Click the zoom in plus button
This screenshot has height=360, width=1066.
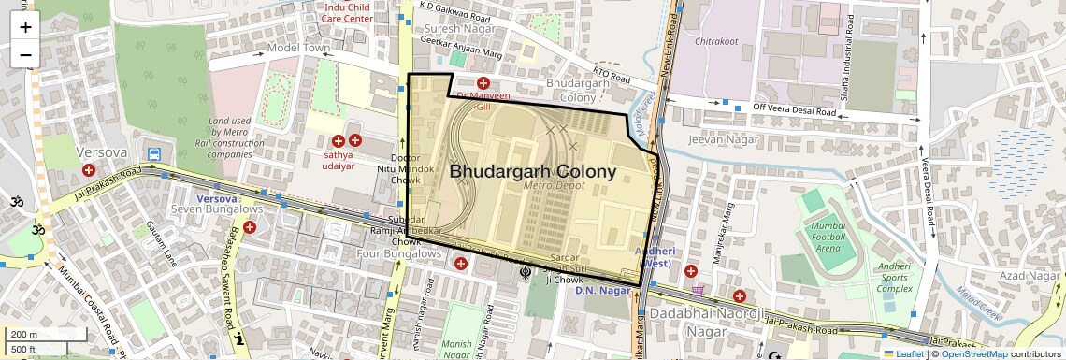(25, 26)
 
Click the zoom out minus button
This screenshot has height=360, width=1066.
(25, 54)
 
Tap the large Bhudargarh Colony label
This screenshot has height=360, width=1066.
(533, 171)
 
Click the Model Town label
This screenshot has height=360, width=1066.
(299, 48)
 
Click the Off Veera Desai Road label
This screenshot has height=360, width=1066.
(794, 110)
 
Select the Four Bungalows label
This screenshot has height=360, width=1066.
(393, 254)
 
